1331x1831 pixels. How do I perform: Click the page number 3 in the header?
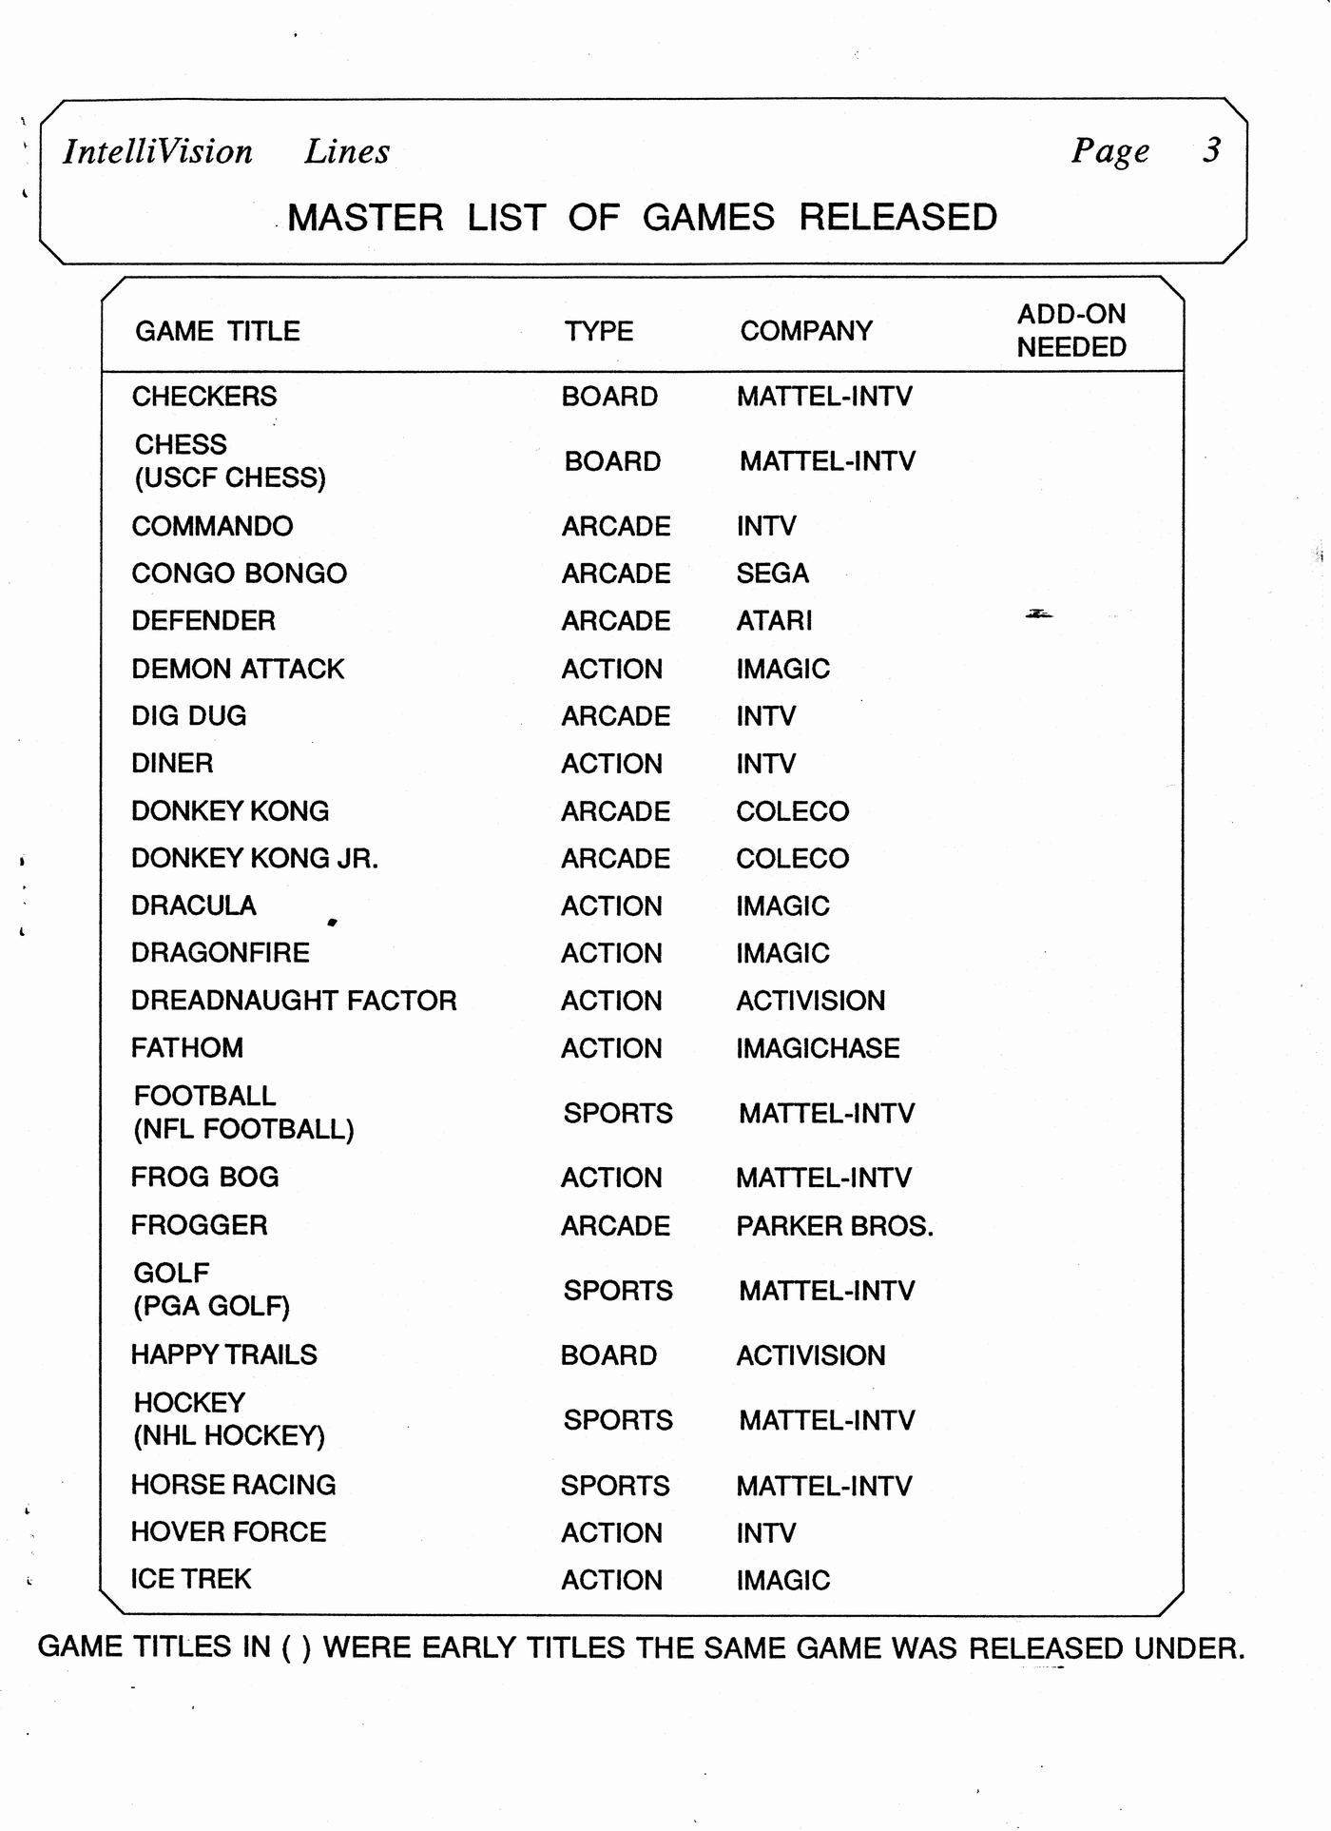point(1211,150)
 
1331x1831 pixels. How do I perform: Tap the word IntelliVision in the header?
point(158,151)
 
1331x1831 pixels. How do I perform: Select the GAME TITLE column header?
point(218,331)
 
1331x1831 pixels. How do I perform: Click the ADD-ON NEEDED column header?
point(1071,330)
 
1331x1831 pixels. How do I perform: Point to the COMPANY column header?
point(806,331)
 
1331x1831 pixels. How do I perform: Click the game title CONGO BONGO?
point(240,574)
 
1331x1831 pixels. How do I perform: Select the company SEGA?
point(773,574)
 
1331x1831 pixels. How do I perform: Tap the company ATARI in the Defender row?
point(775,621)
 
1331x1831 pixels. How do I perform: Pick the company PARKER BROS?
point(835,1226)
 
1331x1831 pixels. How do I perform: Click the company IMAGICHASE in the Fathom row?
point(818,1048)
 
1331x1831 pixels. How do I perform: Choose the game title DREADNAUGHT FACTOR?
point(294,1001)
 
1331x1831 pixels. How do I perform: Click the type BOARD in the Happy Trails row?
point(608,1355)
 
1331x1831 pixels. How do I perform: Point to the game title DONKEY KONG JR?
point(255,859)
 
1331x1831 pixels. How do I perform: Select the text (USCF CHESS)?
point(230,477)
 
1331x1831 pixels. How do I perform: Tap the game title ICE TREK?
point(191,1579)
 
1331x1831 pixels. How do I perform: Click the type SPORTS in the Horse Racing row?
point(615,1486)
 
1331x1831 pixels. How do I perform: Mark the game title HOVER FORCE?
point(228,1532)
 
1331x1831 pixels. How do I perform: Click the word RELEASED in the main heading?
point(897,218)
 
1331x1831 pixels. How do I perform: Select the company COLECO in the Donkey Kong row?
point(793,811)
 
